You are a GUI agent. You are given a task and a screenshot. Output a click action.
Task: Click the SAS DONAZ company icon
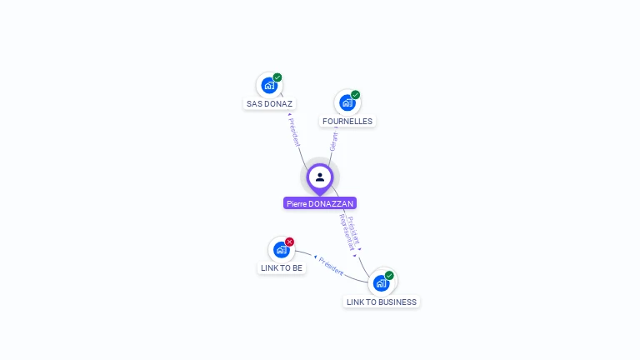pos(268,85)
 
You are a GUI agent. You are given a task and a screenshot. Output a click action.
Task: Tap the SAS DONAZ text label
pos(270,104)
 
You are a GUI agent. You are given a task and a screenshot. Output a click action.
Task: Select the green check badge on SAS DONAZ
pos(277,77)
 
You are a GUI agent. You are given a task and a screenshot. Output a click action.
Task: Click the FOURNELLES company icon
pos(347,102)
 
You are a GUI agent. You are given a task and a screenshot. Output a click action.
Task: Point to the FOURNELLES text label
pos(347,122)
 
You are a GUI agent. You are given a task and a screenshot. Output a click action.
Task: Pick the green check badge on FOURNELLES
pos(356,95)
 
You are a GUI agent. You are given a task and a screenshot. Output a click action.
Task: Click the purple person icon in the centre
pos(320,177)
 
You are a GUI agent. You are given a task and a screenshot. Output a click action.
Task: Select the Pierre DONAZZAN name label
pos(320,203)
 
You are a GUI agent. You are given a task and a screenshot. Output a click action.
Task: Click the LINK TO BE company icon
pos(281,249)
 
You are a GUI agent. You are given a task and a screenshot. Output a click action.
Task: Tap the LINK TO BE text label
pos(282,268)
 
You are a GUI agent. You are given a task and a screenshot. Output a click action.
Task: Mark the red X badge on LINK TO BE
pos(290,242)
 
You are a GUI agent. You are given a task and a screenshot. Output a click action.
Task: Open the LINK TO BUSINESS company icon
pos(381,282)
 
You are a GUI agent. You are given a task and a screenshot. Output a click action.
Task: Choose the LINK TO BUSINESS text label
pos(382,302)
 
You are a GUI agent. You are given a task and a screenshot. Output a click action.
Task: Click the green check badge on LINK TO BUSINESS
pos(389,275)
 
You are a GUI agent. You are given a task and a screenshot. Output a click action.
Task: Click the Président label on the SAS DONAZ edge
pos(294,132)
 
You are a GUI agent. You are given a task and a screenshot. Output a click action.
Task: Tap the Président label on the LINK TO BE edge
pos(331,266)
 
